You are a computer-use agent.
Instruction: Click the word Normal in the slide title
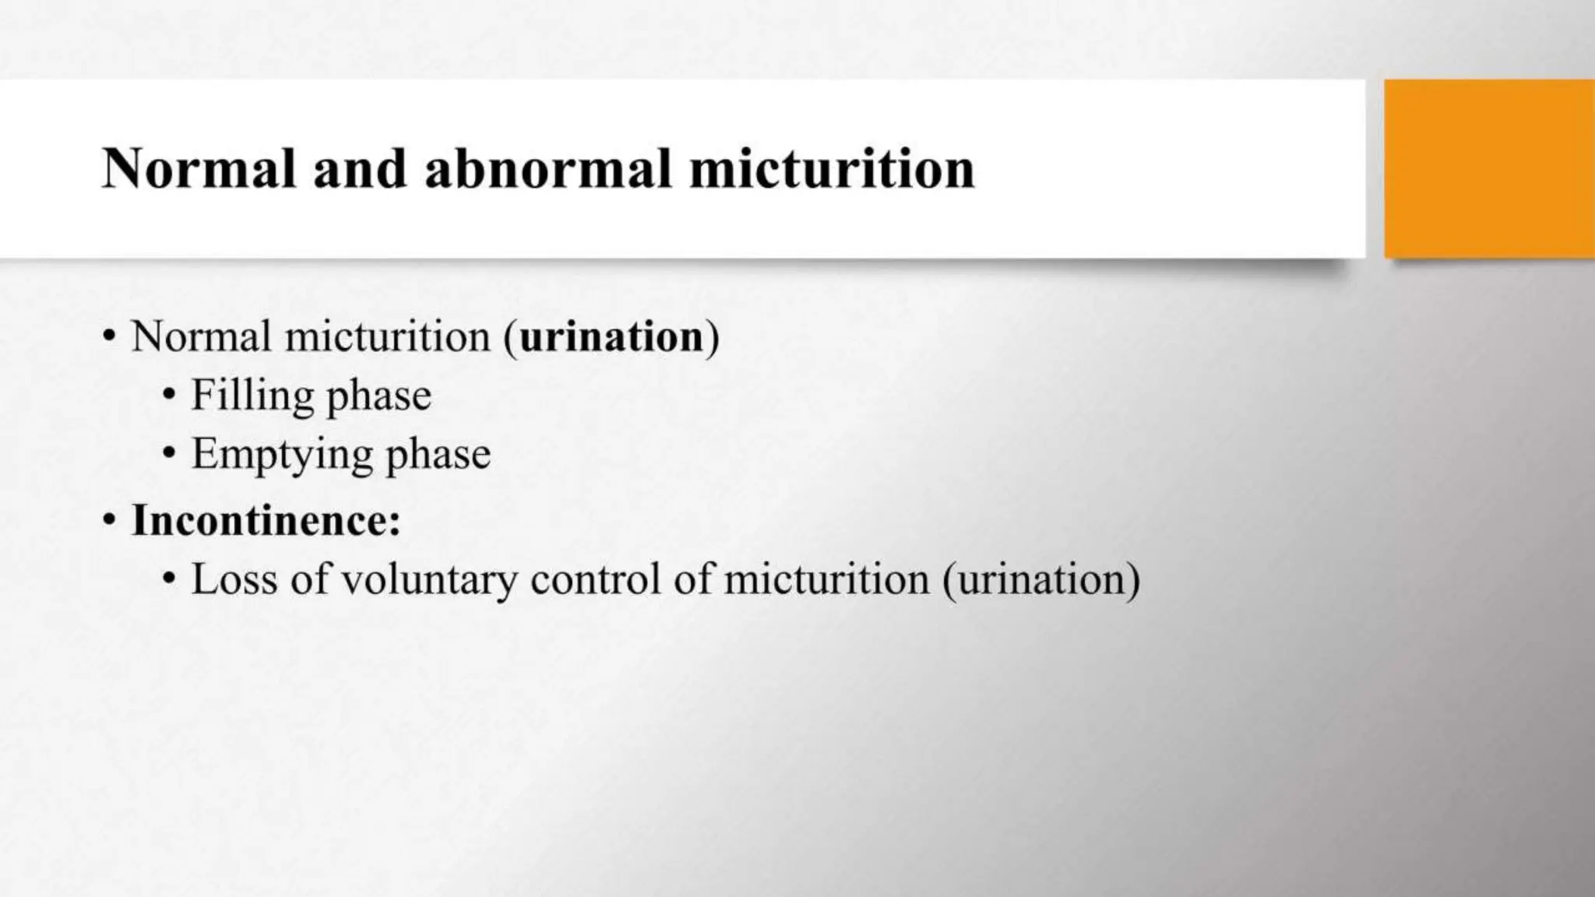pos(199,169)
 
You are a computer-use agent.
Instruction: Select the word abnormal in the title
pos(548,169)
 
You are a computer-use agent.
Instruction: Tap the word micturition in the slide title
pos(832,169)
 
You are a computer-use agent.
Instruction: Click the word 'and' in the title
pos(360,169)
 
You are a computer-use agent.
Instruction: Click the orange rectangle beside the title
pos(1489,168)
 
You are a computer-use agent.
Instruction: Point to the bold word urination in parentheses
pos(611,337)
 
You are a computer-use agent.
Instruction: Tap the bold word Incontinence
pos(266,520)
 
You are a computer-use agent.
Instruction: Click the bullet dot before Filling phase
pos(169,396)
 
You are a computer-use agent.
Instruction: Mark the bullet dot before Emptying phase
pos(169,453)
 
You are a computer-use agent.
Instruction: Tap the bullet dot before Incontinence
pos(110,520)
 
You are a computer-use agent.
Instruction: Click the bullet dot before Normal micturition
pos(110,337)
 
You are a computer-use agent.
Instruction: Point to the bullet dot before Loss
pos(169,579)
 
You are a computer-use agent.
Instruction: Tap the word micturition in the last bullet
pos(826,579)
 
